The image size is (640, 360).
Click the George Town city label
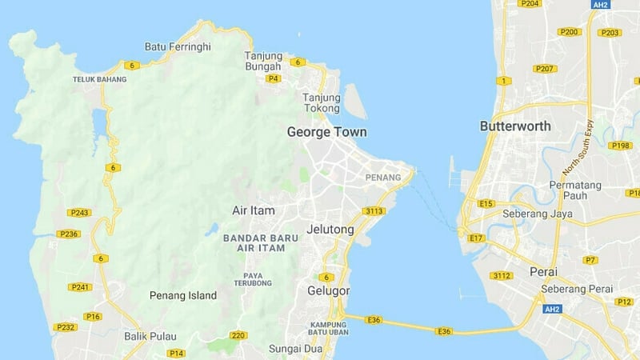326,132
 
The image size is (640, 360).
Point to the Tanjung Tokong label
322,103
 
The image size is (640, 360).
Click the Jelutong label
330,230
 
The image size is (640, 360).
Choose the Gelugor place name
329,290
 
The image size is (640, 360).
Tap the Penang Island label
183,295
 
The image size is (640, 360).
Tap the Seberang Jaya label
534,214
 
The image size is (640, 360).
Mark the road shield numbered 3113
374,211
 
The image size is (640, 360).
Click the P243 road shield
78,213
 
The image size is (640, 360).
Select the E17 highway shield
477,238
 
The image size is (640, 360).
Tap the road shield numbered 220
238,335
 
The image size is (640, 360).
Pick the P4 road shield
274,78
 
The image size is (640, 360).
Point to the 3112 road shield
502,276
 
